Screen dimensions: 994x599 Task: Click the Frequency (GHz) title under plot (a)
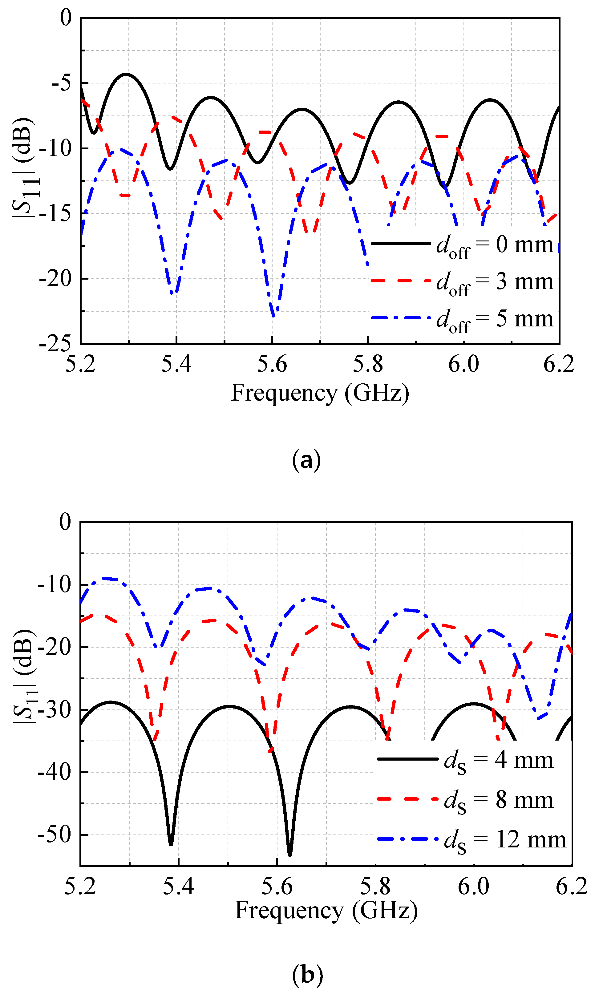[x=320, y=393]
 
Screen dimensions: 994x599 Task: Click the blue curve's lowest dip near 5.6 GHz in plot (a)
[x=274, y=316]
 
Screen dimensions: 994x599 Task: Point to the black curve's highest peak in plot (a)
[x=126, y=74]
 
